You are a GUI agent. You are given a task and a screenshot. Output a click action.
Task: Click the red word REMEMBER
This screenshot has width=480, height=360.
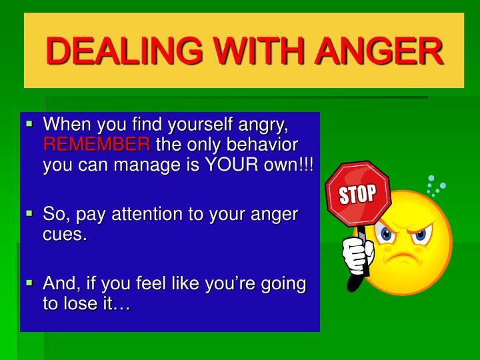[x=97, y=145]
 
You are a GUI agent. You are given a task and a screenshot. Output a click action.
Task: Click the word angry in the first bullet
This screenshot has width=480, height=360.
[x=262, y=124]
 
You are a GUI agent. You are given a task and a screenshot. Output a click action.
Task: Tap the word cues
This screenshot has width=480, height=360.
[x=65, y=235]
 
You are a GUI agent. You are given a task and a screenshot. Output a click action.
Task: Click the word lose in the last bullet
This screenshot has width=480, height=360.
[x=85, y=305]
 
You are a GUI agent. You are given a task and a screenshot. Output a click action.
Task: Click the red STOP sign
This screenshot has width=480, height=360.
[x=358, y=194]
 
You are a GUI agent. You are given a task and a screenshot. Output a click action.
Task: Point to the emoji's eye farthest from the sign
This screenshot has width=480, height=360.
[x=420, y=235]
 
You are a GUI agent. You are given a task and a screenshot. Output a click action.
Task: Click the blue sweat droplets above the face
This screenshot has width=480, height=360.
[x=435, y=185]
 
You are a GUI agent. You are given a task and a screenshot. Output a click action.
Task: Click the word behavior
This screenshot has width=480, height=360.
[x=262, y=145]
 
